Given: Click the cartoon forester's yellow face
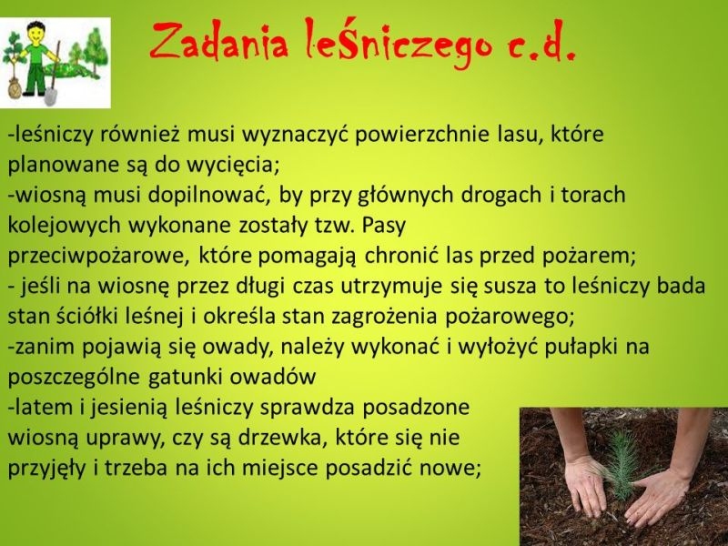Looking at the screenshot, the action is (x=34, y=33).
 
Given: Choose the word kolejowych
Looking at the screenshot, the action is (x=64, y=226).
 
